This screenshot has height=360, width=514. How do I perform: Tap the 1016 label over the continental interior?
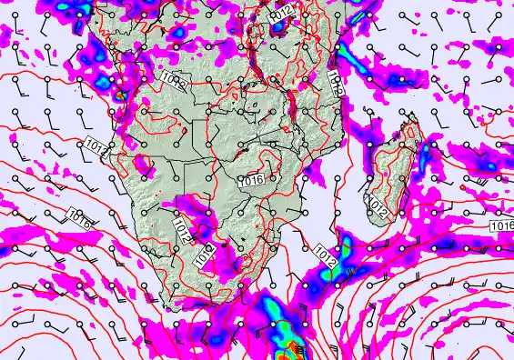[x=251, y=181]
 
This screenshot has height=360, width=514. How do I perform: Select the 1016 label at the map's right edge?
[x=501, y=225]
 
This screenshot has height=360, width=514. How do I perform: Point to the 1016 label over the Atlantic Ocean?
[x=79, y=219]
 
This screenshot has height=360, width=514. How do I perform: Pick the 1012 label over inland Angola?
[x=175, y=85]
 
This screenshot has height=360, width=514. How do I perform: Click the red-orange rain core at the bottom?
[x=294, y=346]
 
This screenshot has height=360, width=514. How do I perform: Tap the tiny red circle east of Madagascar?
[x=463, y=187]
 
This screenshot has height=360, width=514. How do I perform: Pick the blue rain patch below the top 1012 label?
[x=277, y=29]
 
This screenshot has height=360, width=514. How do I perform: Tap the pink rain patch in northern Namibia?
[x=143, y=164]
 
